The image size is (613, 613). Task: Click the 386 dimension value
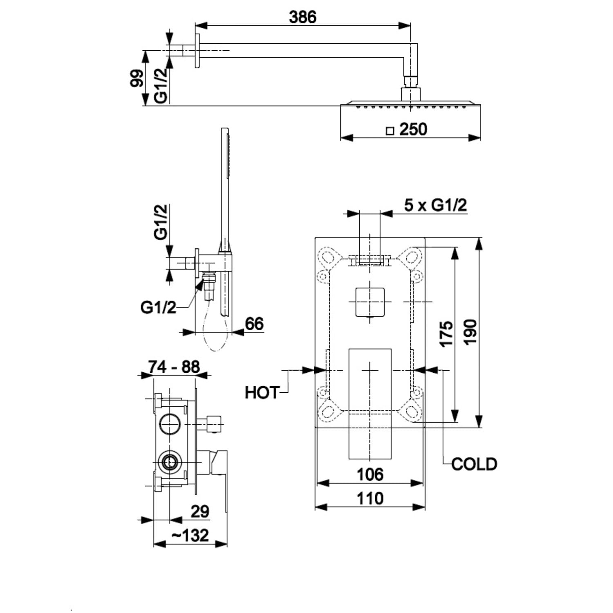pos(302,17)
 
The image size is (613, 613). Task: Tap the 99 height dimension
pos(137,78)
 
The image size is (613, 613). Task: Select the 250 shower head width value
pos(413,129)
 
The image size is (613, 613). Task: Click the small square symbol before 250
pos(390,131)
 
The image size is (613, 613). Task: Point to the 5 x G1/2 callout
pos(436,205)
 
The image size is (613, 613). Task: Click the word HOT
pos(262,393)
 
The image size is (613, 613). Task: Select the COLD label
pos(474,464)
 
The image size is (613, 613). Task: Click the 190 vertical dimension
pos(470,332)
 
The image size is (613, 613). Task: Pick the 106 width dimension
pos(370,474)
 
